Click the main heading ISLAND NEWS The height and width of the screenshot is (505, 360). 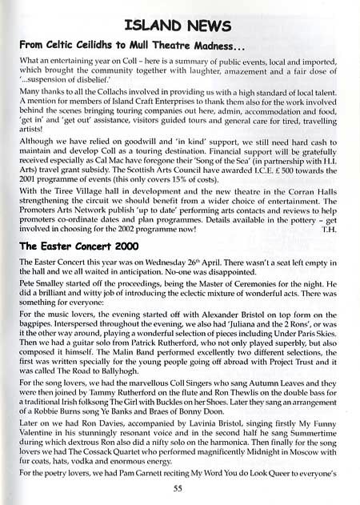tap(180, 18)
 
